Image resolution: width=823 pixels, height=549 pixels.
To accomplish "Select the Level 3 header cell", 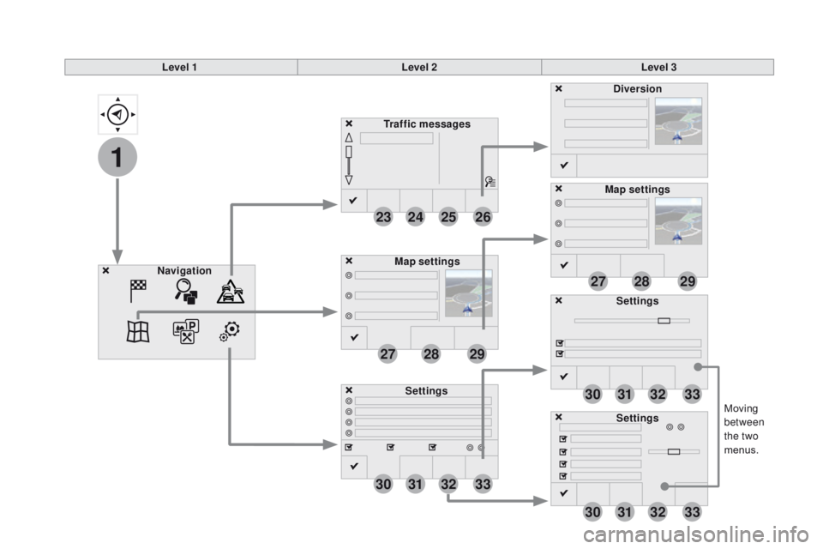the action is [x=658, y=67].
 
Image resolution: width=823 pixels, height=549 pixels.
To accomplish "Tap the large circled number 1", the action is [x=117, y=157].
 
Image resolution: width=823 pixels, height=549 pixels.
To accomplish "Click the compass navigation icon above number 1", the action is [x=117, y=114].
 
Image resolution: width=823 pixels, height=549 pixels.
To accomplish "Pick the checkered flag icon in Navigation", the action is [x=138, y=291].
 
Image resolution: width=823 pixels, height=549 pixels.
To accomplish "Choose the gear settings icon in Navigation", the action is [x=230, y=331].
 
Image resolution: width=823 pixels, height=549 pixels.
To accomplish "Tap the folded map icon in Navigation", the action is [x=138, y=331].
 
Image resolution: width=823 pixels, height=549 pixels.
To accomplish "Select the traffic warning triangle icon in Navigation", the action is [x=231, y=292].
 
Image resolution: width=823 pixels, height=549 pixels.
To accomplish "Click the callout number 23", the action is [x=383, y=217].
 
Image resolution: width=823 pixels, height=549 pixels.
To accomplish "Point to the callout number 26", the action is [x=483, y=217].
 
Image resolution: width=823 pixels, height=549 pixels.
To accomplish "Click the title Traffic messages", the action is [x=427, y=124].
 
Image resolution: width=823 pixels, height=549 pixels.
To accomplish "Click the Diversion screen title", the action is [x=637, y=89].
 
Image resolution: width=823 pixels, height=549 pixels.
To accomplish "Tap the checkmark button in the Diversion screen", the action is [x=564, y=166].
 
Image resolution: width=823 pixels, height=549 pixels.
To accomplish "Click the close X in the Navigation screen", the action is [x=106, y=270].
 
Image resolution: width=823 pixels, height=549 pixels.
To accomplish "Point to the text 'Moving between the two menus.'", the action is [x=744, y=429].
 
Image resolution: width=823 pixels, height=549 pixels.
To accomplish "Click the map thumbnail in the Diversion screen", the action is [x=678, y=121].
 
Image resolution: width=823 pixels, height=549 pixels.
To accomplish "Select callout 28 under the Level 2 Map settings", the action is [x=431, y=354].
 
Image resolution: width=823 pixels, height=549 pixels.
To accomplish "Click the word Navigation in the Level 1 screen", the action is [x=184, y=270].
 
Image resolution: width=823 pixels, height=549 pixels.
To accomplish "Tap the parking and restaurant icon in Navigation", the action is [x=186, y=331].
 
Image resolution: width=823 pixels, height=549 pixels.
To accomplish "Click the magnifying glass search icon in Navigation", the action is [x=186, y=291].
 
